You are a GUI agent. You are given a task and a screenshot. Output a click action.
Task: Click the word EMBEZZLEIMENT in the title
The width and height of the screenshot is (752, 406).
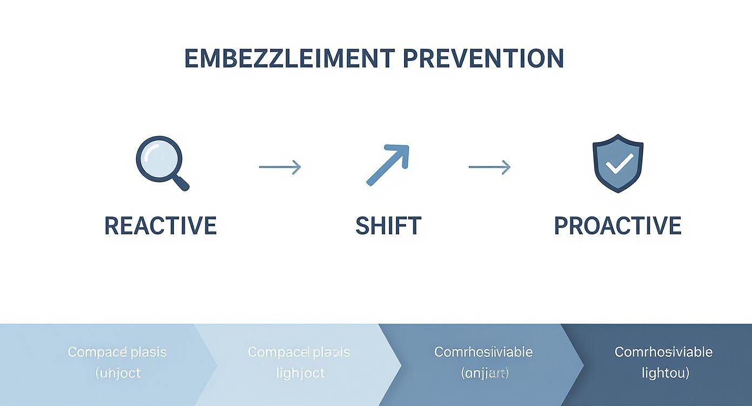pos(289,58)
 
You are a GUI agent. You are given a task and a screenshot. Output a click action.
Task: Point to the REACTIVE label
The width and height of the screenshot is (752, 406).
pos(160,226)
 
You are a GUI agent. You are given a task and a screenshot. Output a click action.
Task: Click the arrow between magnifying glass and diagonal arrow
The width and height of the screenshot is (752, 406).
pos(280,167)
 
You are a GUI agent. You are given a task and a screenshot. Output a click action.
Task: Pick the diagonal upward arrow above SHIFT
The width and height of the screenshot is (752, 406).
pos(388,164)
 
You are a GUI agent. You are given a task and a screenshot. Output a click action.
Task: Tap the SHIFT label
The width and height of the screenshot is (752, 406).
pos(388,226)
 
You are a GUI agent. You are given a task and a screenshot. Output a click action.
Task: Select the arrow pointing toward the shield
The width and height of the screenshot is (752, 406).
pos(489,167)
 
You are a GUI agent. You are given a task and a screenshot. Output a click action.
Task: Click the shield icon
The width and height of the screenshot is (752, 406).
pos(617,163)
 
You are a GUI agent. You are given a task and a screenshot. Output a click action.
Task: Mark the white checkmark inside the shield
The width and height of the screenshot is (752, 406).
pos(619,164)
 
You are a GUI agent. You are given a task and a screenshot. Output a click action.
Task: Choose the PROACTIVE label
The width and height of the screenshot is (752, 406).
pos(617,226)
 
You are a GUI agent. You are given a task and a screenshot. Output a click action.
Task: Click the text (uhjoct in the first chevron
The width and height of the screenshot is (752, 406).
pos(118,373)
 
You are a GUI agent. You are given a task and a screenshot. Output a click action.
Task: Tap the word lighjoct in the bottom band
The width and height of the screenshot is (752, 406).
pos(300,373)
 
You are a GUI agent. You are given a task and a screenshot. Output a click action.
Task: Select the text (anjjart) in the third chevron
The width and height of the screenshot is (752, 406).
pos(485,373)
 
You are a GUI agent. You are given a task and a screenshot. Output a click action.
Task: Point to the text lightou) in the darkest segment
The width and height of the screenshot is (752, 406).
pos(665,373)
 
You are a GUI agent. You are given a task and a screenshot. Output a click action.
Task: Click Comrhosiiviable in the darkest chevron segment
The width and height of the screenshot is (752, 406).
pos(663,352)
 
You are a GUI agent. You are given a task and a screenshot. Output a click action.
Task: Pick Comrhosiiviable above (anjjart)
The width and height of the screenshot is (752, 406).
pos(484,352)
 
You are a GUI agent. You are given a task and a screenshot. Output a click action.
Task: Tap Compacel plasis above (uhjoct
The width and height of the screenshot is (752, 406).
pos(117,352)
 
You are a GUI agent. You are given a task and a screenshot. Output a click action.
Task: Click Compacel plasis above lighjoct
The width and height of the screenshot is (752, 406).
pos(299,352)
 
